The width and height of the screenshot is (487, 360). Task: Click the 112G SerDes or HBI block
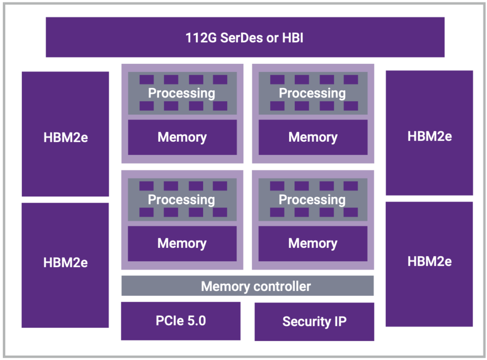[x=245, y=37]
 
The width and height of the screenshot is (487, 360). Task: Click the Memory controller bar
[x=247, y=286]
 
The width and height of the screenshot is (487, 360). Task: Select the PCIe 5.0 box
[x=181, y=321]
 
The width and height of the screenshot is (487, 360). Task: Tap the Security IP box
[x=314, y=321]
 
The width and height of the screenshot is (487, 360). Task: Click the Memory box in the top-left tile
[x=182, y=137]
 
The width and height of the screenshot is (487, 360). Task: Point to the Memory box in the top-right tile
[x=313, y=137]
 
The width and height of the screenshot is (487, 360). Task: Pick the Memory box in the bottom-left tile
[x=182, y=243]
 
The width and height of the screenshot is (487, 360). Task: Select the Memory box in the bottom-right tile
[x=313, y=243]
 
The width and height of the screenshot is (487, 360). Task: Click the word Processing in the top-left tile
[x=182, y=93]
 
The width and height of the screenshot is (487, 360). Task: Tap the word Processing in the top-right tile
[x=312, y=93]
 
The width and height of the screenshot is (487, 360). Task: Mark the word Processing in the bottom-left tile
[x=182, y=200]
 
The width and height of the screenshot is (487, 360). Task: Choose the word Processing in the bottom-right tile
[x=312, y=200]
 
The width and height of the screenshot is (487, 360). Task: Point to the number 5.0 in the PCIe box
[x=196, y=321]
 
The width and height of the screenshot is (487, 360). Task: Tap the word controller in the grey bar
[x=281, y=286]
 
